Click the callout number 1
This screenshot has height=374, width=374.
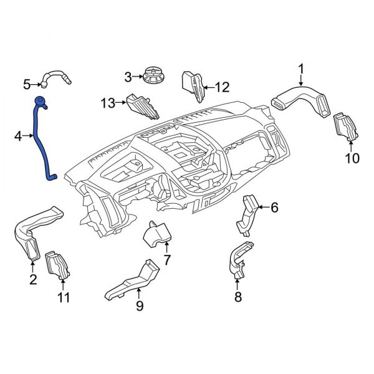tap(300, 68)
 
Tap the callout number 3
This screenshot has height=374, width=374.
tap(128, 77)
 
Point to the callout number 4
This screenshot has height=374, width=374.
tap(19, 135)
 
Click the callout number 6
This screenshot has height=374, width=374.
tap(274, 208)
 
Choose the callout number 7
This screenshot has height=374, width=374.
tap(166, 259)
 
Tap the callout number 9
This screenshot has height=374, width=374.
tap(140, 305)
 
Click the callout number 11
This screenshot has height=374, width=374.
tap(64, 297)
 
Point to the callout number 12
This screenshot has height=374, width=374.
tap(222, 87)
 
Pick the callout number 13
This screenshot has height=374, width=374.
tap(108, 103)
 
